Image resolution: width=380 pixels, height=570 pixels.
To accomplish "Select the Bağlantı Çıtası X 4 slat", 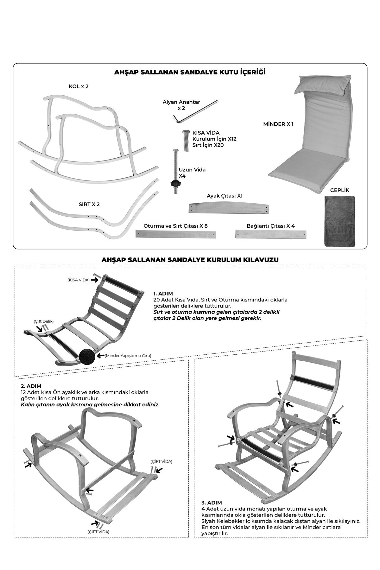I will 271,234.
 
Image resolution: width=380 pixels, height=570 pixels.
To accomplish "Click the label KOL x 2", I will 79,86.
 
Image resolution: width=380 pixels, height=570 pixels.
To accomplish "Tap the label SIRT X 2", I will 89,204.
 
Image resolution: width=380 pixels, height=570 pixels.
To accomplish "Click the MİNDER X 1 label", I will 278,124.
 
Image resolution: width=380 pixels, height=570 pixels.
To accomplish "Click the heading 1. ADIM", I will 163,294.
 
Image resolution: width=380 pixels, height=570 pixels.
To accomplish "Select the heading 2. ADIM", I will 31,386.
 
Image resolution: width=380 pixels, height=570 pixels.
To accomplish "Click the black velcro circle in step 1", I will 87,356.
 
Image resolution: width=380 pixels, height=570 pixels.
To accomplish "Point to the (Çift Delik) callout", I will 43,321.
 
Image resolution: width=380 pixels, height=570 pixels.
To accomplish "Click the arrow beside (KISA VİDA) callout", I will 94,280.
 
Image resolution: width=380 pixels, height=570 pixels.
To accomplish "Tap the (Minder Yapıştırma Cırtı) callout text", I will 128,356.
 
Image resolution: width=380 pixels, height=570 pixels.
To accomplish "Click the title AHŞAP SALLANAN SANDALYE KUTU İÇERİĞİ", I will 190,72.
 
